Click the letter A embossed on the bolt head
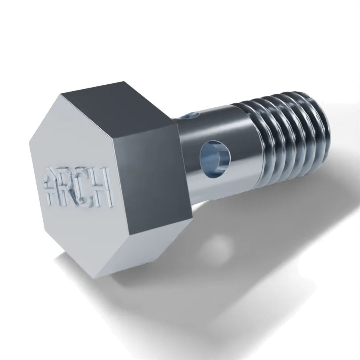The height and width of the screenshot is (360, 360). [52, 186]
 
